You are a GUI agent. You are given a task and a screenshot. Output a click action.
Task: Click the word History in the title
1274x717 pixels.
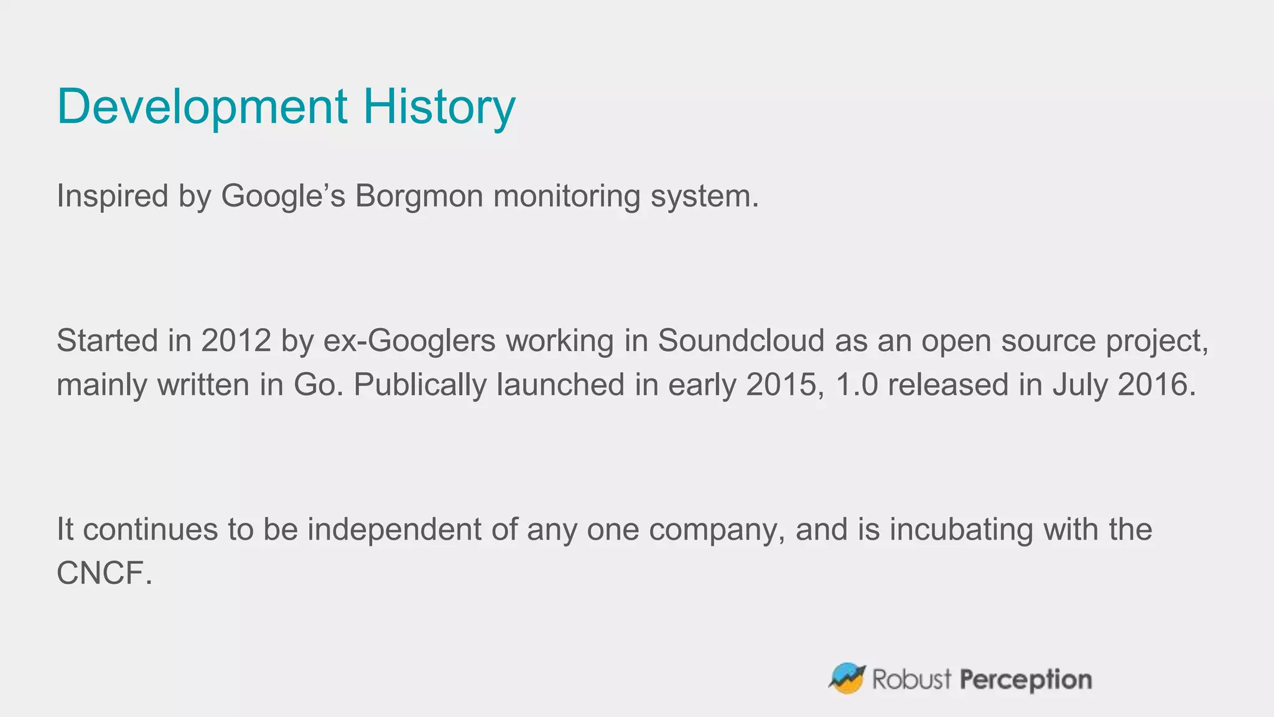[439, 107]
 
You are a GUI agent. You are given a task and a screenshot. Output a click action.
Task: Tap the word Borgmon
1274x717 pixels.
[419, 196]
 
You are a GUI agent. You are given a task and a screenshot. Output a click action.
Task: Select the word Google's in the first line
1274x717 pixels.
[282, 196]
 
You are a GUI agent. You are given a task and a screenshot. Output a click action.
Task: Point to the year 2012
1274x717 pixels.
[236, 341]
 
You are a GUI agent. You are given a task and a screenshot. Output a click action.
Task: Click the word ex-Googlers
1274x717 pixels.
[409, 341]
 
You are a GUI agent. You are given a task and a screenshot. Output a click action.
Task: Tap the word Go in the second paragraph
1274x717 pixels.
[317, 385]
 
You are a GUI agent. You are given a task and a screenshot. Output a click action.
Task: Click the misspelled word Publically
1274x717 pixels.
[420, 385]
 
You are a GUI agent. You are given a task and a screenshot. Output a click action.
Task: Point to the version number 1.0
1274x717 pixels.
[857, 385]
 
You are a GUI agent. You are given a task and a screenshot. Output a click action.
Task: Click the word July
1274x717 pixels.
[1080, 385]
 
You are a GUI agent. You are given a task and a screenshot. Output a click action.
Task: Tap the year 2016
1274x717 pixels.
[1155, 385]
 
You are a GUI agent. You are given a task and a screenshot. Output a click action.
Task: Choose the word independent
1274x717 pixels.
[394, 530]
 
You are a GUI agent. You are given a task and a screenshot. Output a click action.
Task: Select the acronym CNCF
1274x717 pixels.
[103, 573]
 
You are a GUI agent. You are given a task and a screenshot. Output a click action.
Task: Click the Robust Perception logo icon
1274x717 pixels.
[847, 678]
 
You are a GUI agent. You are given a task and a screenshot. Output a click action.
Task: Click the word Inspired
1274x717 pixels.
[113, 196]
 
